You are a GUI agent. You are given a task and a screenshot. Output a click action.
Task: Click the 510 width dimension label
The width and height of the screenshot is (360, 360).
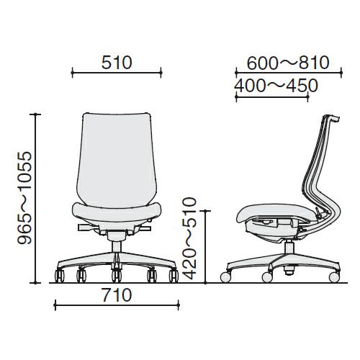(x=117, y=63)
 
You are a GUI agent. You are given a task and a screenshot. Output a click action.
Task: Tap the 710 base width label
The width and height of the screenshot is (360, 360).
(x=117, y=295)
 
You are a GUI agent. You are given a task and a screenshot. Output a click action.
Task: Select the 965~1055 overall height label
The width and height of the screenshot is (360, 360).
(x=24, y=198)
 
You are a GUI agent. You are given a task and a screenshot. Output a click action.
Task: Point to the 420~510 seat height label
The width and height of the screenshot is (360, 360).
(x=189, y=238)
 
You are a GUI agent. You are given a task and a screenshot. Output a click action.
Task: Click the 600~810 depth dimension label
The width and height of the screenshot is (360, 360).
(x=288, y=63)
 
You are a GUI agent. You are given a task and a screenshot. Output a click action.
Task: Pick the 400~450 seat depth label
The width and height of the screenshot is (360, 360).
(x=276, y=86)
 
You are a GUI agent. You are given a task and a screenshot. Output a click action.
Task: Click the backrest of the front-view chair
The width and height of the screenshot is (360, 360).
(x=117, y=160)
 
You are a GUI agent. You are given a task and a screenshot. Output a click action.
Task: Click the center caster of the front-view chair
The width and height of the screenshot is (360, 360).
(x=117, y=275)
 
